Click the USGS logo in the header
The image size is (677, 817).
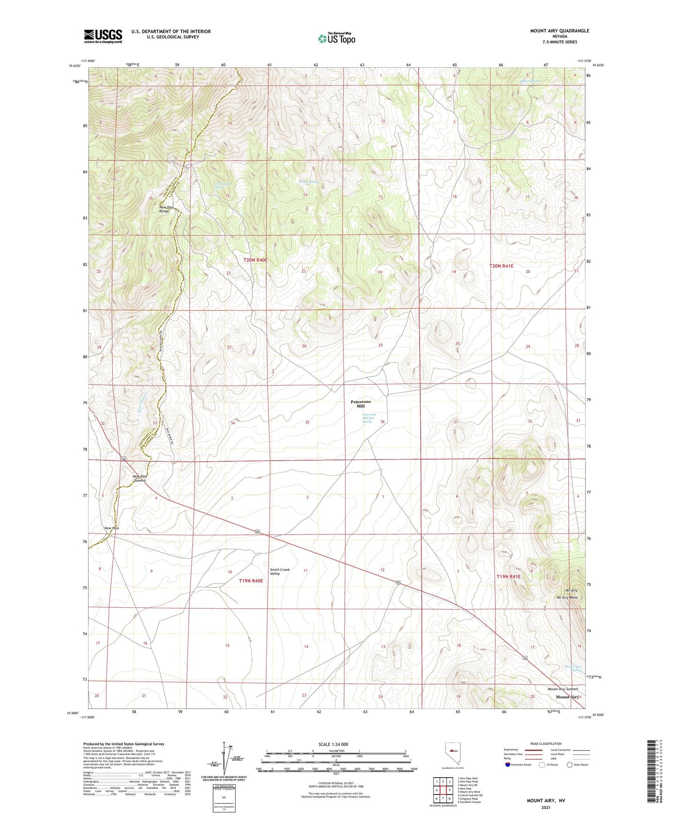103,36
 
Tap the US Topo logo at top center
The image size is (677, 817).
336,38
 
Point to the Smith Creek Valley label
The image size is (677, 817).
280,571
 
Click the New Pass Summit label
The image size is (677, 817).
139,478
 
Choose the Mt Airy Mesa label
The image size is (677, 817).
567,598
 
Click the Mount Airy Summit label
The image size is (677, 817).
563,689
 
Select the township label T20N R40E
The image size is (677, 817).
255,260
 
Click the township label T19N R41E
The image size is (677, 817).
508,576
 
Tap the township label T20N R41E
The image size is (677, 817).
501,266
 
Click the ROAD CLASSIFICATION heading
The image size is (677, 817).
545,744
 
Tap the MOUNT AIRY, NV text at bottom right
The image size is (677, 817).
546,801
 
